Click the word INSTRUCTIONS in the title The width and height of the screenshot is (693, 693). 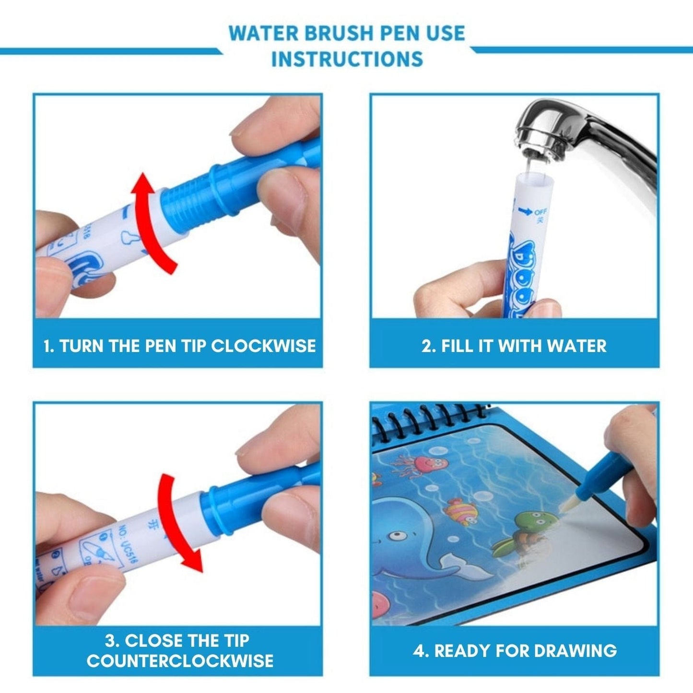click(347, 59)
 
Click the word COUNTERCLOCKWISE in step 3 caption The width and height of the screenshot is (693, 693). click(180, 660)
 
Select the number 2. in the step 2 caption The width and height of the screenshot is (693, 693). click(428, 346)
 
